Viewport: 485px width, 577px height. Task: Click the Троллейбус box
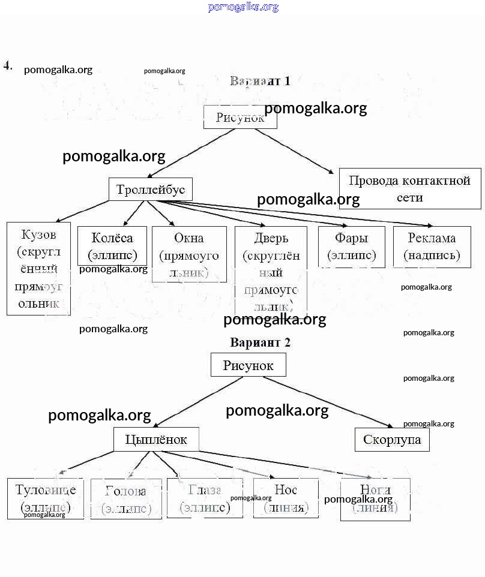[x=151, y=190]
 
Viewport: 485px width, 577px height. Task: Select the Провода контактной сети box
[x=410, y=189]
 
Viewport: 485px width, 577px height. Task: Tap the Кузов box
[x=38, y=268]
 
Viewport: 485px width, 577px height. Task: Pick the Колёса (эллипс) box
[x=112, y=245]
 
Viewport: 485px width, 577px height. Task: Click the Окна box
[x=189, y=254]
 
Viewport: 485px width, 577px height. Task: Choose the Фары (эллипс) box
[x=351, y=246]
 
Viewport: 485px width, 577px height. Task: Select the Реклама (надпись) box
[x=432, y=247]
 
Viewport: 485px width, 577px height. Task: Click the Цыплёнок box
[x=156, y=440]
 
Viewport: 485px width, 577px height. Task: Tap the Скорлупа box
[x=392, y=440]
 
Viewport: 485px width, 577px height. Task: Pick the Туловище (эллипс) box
[x=46, y=498]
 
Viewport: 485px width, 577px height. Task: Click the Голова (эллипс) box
[x=126, y=499]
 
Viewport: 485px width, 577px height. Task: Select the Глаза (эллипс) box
[x=205, y=498]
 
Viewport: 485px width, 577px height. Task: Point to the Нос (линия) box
[x=285, y=498]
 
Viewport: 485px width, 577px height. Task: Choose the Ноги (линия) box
[x=375, y=499]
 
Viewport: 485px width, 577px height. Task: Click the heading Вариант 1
[x=260, y=81]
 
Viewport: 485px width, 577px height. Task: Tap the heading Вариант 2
[x=260, y=343]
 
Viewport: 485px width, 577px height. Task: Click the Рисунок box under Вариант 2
[x=248, y=365]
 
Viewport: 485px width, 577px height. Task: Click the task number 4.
[x=8, y=65]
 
